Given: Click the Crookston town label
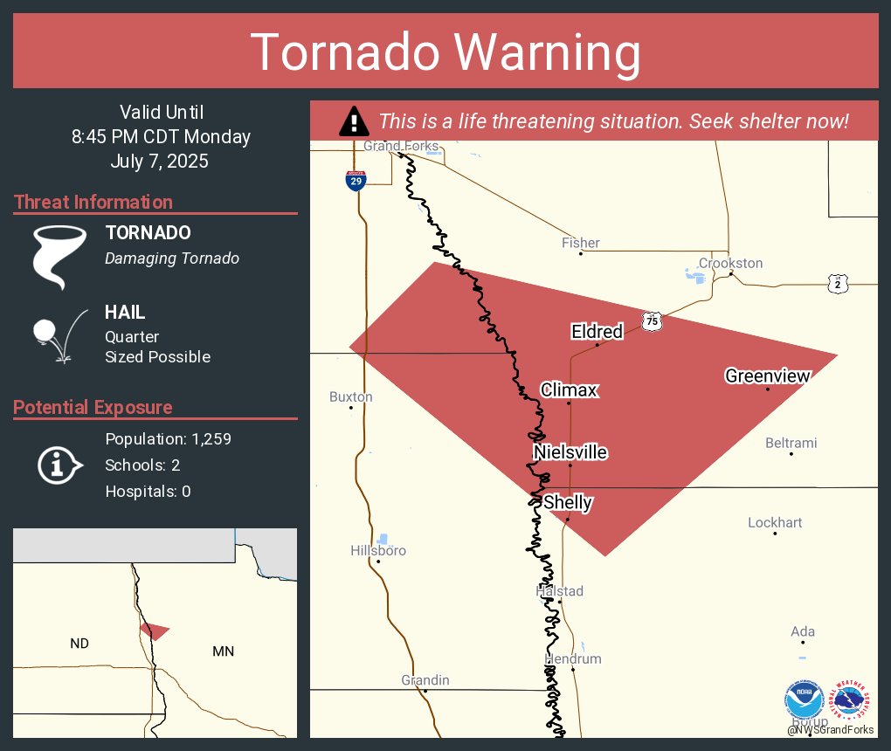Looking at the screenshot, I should pyautogui.click(x=730, y=263).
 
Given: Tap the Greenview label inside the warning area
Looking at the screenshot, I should pyautogui.click(x=767, y=376).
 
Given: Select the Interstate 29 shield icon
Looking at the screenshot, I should pyautogui.click(x=356, y=180).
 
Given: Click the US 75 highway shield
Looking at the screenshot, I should pyautogui.click(x=651, y=321).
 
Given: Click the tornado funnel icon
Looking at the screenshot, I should pyautogui.click(x=59, y=256).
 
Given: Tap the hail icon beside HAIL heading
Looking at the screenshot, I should pyautogui.click(x=58, y=334).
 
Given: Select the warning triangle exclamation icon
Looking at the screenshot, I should pyautogui.click(x=353, y=121).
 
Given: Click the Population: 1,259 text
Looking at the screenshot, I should pyautogui.click(x=168, y=438).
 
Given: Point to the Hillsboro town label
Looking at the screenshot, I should pyautogui.click(x=378, y=550).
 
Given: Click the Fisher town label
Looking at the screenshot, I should pyautogui.click(x=581, y=243).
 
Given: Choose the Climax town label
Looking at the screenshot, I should pyautogui.click(x=569, y=389).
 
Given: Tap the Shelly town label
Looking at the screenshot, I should pyautogui.click(x=568, y=503).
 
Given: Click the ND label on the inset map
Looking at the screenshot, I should pyautogui.click(x=79, y=644).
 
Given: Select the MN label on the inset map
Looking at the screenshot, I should pyautogui.click(x=223, y=651).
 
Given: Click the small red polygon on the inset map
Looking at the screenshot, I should pyautogui.click(x=155, y=630).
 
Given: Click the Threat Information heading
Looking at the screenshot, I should pyautogui.click(x=93, y=202).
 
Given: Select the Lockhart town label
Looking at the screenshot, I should pyautogui.click(x=775, y=522).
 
